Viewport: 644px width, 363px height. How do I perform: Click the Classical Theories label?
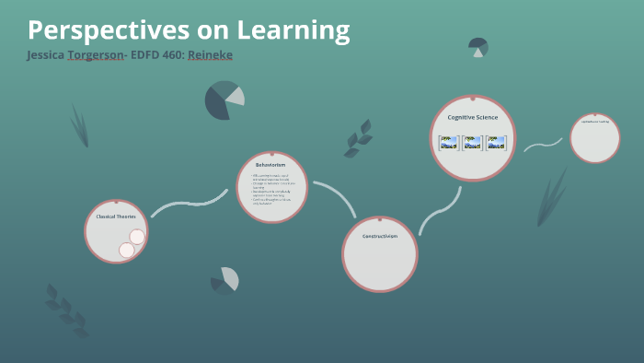click(x=116, y=217)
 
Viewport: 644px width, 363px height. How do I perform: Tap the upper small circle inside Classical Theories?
click(x=137, y=237)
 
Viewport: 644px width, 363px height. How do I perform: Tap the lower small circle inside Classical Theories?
click(x=127, y=250)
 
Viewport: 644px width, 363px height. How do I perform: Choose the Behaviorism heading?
click(x=271, y=165)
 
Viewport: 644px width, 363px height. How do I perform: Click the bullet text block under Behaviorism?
click(x=271, y=190)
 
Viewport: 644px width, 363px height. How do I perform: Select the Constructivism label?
click(x=379, y=237)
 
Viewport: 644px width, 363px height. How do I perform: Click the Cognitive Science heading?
click(x=472, y=118)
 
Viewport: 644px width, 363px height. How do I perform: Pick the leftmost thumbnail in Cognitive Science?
click(x=448, y=143)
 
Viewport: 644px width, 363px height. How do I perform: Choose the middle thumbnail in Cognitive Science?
click(x=472, y=143)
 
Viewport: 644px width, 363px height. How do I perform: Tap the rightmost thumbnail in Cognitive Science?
click(x=496, y=143)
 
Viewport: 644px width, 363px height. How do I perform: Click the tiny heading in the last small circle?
click(x=594, y=122)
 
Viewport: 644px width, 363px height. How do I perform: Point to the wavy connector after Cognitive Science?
click(x=543, y=145)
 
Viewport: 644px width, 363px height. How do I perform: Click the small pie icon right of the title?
click(x=477, y=46)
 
